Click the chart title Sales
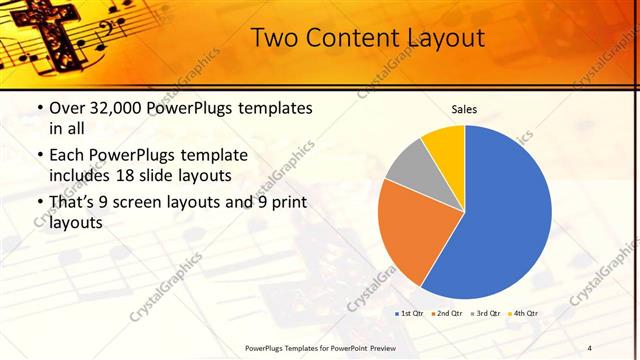(463, 108)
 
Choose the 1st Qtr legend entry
(412, 314)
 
